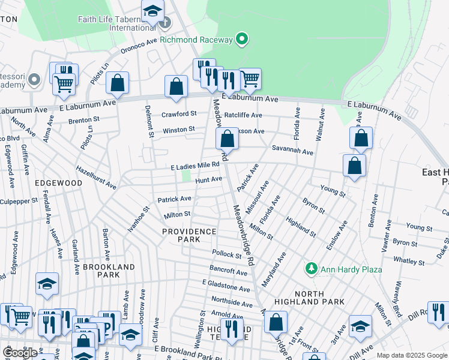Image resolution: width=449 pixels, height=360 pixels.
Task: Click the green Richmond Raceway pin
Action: (x=242, y=40)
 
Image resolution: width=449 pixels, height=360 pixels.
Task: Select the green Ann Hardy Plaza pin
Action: (x=312, y=269)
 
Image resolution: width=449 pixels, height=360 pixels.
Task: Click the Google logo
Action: (x=20, y=353)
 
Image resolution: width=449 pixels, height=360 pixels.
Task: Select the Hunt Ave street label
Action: (x=208, y=179)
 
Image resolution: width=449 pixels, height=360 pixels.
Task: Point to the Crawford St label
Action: (x=179, y=114)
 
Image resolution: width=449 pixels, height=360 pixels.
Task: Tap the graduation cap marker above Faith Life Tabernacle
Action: (x=152, y=10)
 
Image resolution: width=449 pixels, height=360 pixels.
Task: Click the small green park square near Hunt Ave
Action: (x=187, y=176)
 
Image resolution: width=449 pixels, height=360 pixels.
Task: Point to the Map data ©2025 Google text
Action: (x=412, y=355)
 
